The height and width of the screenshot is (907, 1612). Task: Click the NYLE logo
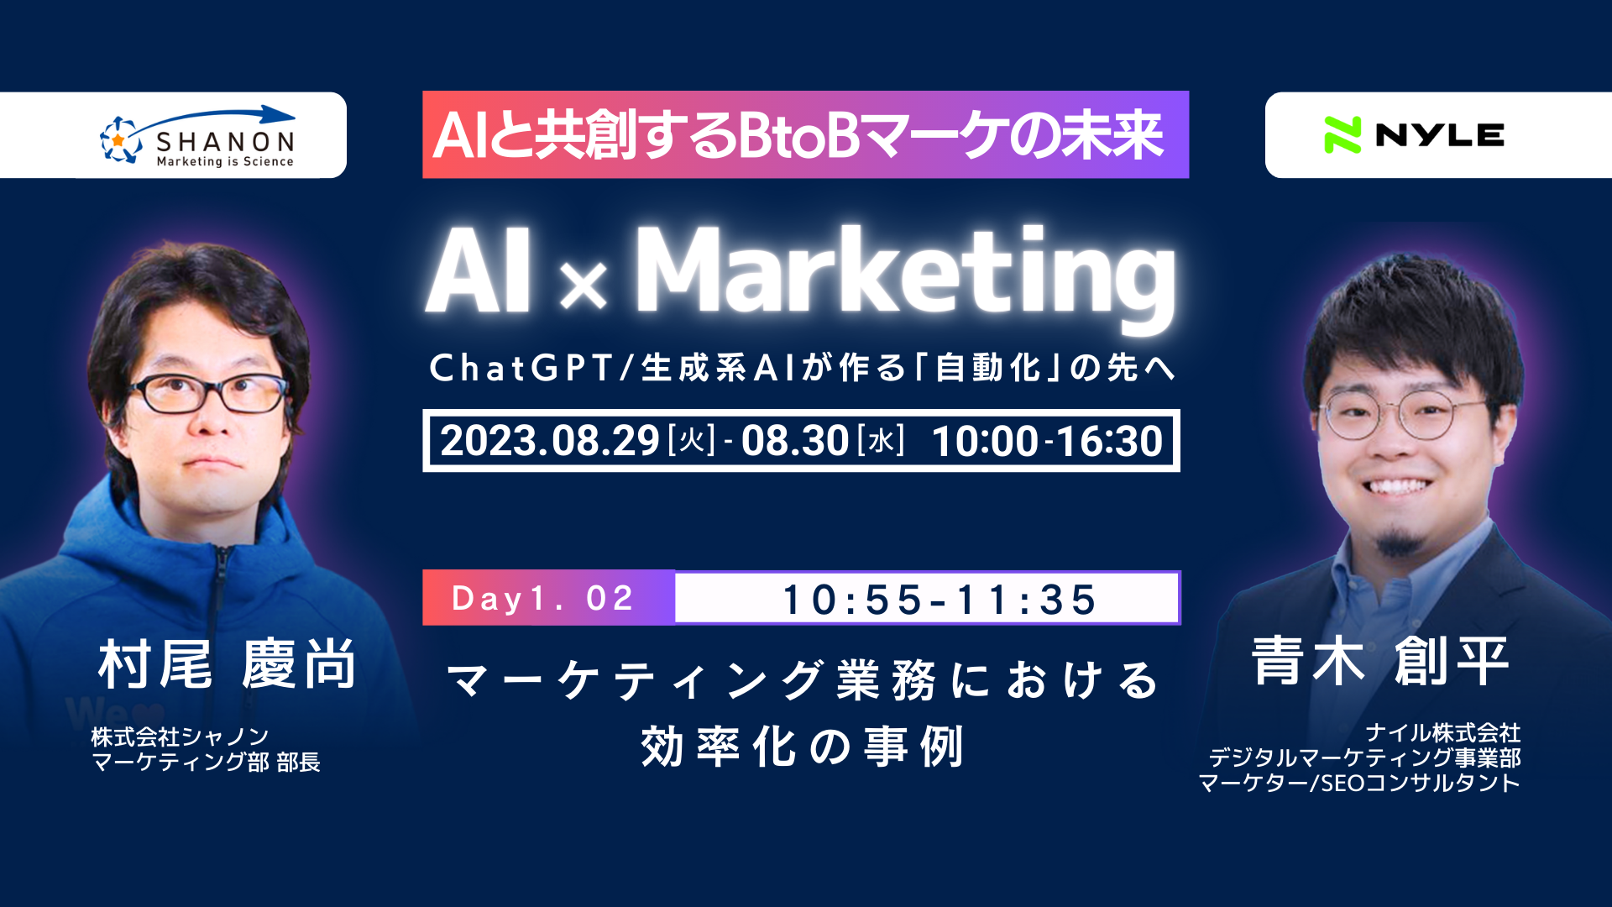(1414, 135)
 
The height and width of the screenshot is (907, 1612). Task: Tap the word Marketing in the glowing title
(905, 273)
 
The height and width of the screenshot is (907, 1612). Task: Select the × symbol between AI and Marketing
(583, 284)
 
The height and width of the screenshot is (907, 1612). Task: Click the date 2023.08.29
(550, 441)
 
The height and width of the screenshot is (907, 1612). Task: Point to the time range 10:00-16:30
(1047, 441)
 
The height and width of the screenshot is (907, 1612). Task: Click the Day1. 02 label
(542, 599)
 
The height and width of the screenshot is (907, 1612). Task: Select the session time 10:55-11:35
(939, 600)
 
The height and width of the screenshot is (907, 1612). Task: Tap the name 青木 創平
(1380, 661)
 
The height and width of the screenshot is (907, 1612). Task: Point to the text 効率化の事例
(802, 747)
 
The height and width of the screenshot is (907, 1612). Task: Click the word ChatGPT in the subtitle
(521, 368)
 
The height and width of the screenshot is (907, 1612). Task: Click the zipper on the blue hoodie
(219, 605)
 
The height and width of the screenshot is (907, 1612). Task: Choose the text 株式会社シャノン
(180, 737)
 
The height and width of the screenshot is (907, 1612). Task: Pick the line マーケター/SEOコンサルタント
(1358, 784)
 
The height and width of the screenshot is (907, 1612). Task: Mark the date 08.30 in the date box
(794, 441)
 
